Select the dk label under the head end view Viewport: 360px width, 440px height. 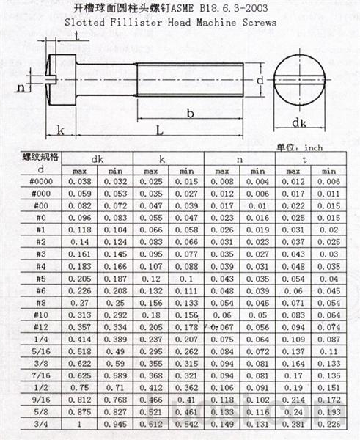pyautogui.click(x=299, y=122)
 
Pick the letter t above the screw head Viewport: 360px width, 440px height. pyautogui.click(x=76, y=36)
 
